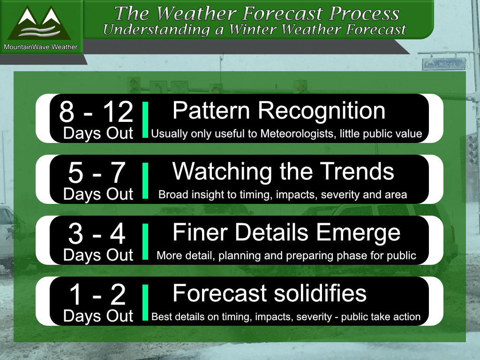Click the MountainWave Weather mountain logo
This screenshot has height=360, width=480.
39,23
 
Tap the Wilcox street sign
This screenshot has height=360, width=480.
444,64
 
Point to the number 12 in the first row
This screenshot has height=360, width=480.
118,112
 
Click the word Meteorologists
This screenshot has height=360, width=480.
297,134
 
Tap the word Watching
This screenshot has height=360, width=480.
222,172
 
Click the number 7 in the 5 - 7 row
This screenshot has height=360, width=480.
118,172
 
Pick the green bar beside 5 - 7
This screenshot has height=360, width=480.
145,180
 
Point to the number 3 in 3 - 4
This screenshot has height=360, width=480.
75,234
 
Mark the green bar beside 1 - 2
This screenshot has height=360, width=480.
145,302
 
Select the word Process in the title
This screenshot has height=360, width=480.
364,14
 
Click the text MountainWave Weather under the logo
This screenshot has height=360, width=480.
40,47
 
